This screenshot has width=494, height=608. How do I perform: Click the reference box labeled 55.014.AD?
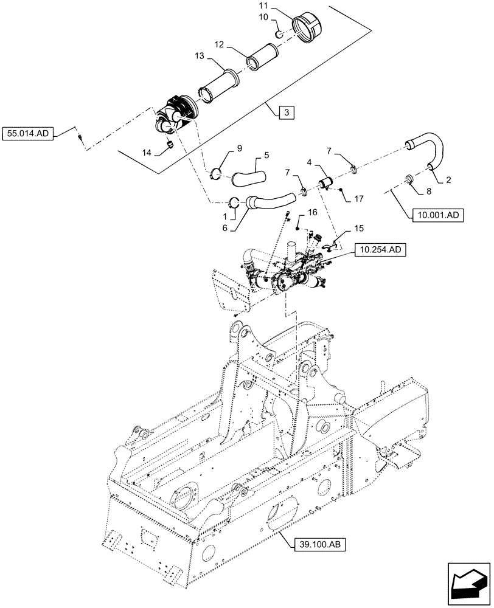tap(29, 132)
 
